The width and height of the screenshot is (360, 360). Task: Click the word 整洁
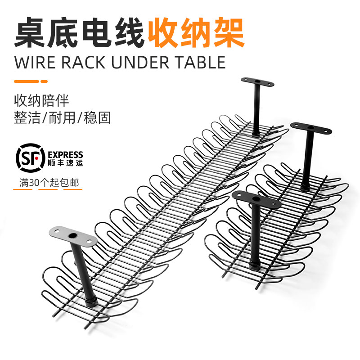[27, 118]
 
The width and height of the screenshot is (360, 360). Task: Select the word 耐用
[61, 118]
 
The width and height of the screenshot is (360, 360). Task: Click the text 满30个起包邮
[48, 184]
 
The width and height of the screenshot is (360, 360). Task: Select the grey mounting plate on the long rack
[72, 235]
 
